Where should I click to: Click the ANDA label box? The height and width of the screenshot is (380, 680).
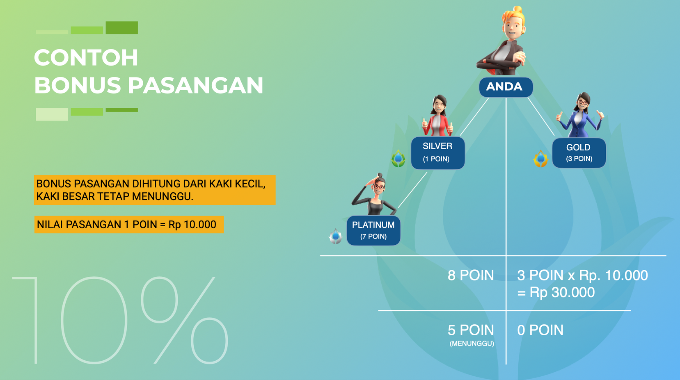[506, 87]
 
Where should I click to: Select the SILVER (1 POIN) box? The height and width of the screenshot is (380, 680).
[438, 153]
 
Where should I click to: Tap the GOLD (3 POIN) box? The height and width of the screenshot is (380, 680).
[579, 153]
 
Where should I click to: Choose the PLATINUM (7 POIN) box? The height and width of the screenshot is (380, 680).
[373, 230]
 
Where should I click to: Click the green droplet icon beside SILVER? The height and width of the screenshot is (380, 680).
[398, 158]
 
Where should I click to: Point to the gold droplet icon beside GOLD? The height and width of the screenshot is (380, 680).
[540, 159]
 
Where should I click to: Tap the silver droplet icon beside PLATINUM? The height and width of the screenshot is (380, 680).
[335, 236]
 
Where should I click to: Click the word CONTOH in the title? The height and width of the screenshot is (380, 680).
[86, 58]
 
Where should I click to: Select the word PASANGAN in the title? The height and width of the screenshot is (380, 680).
[195, 85]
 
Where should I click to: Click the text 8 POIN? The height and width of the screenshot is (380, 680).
[471, 275]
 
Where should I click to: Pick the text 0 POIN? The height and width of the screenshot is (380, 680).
[540, 330]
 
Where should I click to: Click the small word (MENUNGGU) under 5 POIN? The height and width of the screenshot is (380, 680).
[472, 344]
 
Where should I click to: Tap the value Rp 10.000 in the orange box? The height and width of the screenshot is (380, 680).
[192, 225]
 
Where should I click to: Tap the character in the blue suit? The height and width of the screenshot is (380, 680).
[580, 115]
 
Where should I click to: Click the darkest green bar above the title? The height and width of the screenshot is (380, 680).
[122, 27]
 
